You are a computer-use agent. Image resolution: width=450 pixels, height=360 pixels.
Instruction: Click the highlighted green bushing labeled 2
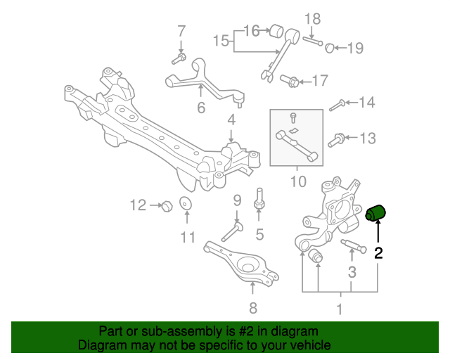coord(380,212)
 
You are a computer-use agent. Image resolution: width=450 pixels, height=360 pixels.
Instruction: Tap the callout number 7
coord(181,31)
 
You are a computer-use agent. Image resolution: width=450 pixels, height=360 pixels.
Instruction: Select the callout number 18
coord(312,19)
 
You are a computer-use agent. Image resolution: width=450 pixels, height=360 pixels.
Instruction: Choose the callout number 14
coord(367,103)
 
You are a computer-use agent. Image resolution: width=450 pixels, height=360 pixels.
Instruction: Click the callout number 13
coord(368,139)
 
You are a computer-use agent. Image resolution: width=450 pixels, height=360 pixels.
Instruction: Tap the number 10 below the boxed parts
coord(297,182)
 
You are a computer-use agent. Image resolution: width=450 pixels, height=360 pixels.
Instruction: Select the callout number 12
coord(137,205)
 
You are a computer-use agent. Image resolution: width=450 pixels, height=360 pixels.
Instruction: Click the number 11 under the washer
coord(186,237)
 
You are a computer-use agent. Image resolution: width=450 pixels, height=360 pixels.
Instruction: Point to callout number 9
coord(238,200)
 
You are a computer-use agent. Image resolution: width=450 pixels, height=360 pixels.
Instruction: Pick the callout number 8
coord(252,307)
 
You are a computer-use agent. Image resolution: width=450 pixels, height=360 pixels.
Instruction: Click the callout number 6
coord(201,108)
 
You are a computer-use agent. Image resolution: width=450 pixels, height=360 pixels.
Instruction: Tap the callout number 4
coord(231,120)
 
